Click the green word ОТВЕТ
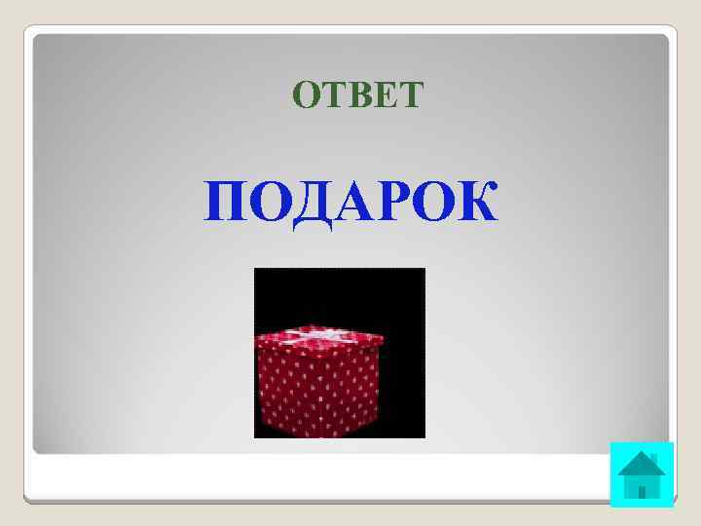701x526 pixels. click(357, 94)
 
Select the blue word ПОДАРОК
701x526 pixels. click(350, 202)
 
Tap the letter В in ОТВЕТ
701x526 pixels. click(358, 94)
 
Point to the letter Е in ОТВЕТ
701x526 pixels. click(384, 94)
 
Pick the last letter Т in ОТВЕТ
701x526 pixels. click(410, 94)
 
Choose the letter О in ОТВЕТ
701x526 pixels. click(306, 94)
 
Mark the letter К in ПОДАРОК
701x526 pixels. click(475, 202)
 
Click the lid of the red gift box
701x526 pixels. click(318, 337)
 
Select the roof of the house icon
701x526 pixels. click(641, 465)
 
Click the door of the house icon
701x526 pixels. click(642, 491)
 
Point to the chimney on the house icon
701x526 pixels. click(654, 458)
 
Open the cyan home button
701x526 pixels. click(642, 474)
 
